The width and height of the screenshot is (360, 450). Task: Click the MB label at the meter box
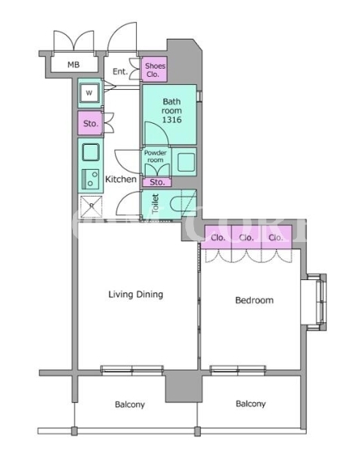pyautogui.click(x=74, y=65)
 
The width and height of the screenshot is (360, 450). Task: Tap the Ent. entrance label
pyautogui.click(x=120, y=71)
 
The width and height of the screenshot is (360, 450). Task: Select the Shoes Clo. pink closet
pyautogui.click(x=155, y=69)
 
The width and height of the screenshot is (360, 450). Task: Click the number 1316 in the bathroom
pyautogui.click(x=172, y=120)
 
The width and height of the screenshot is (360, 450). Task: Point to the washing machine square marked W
pyautogui.click(x=89, y=93)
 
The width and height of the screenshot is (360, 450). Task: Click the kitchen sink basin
pyautogui.click(x=91, y=152)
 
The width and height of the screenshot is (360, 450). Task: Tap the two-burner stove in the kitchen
pyautogui.click(x=91, y=179)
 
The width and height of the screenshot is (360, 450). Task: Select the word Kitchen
pyautogui.click(x=121, y=180)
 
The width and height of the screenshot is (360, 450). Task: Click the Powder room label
pyautogui.click(x=155, y=156)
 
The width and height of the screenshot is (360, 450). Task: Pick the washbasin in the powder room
pyautogui.click(x=186, y=162)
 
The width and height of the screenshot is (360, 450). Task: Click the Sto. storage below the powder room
pyautogui.click(x=157, y=182)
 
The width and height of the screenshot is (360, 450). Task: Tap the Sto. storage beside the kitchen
pyautogui.click(x=90, y=123)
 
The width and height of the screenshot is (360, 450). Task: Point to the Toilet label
pyautogui.click(x=155, y=204)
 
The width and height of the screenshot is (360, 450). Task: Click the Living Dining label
pyautogui.click(x=136, y=295)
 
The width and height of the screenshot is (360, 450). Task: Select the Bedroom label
pyautogui.click(x=254, y=300)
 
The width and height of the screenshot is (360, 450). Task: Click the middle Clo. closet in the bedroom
pyautogui.click(x=247, y=237)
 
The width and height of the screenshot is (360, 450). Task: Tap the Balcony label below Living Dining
pyautogui.click(x=129, y=405)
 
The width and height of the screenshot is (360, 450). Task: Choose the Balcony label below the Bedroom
pyautogui.click(x=251, y=404)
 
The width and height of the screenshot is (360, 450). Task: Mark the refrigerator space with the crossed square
pyautogui.click(x=91, y=206)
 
